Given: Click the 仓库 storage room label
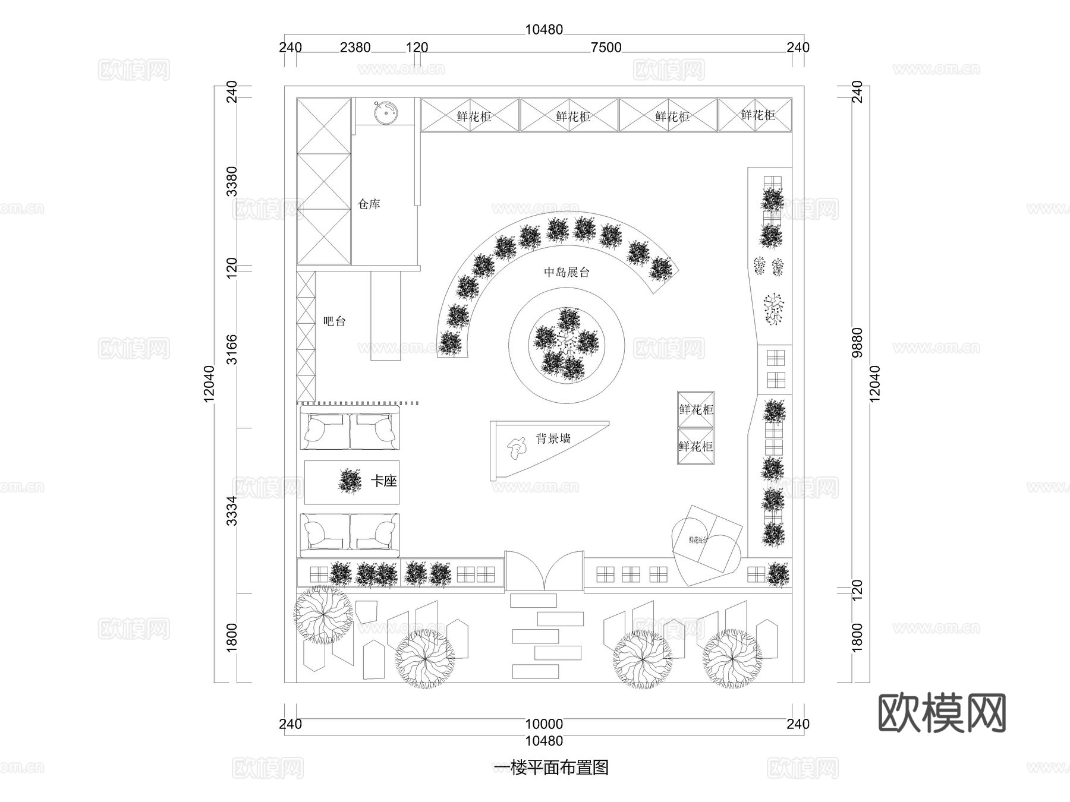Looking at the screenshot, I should point(369,204).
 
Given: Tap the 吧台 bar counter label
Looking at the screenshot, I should point(334,321).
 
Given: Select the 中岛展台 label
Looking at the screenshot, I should point(567,272).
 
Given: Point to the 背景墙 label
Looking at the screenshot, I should point(553,439).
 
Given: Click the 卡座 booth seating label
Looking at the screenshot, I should point(384,481).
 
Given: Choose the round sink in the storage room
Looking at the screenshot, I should point(385,112).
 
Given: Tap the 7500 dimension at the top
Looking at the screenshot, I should point(606,48).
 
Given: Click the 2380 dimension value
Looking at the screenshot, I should point(355,48).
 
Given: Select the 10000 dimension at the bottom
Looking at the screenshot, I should point(544,724).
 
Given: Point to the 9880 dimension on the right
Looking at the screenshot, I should point(857,342).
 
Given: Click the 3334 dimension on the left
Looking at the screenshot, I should point(232,510).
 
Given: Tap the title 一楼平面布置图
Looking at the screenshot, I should point(551,768).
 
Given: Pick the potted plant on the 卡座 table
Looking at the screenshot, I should point(350,481).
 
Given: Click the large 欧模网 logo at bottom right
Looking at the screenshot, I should point(942,713).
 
